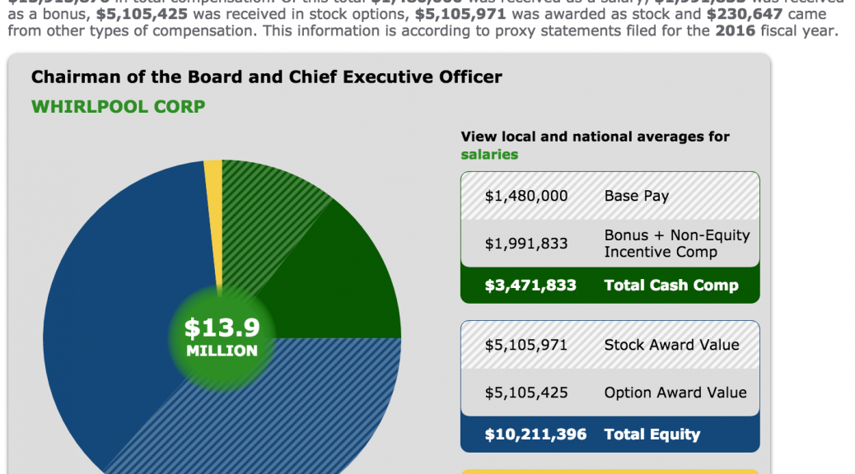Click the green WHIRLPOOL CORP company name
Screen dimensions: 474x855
(x=118, y=107)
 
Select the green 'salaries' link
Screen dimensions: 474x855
(x=489, y=154)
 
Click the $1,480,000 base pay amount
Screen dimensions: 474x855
(x=526, y=196)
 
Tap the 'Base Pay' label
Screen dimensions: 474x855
(x=636, y=196)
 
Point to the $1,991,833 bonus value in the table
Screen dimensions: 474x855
(x=526, y=243)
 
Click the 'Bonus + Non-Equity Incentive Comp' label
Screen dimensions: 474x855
(x=676, y=243)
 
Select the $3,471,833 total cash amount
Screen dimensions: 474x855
(x=530, y=286)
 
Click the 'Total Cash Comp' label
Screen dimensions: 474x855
(x=671, y=286)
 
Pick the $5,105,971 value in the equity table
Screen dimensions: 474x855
(x=526, y=345)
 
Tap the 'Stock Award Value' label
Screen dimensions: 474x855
(x=671, y=345)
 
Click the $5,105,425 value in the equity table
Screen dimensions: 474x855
(x=526, y=393)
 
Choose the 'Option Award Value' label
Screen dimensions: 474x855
(x=675, y=393)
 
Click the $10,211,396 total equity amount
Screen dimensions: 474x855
(x=535, y=434)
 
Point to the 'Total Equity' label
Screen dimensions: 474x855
(x=652, y=434)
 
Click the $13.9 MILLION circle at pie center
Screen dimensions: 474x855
(x=222, y=337)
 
